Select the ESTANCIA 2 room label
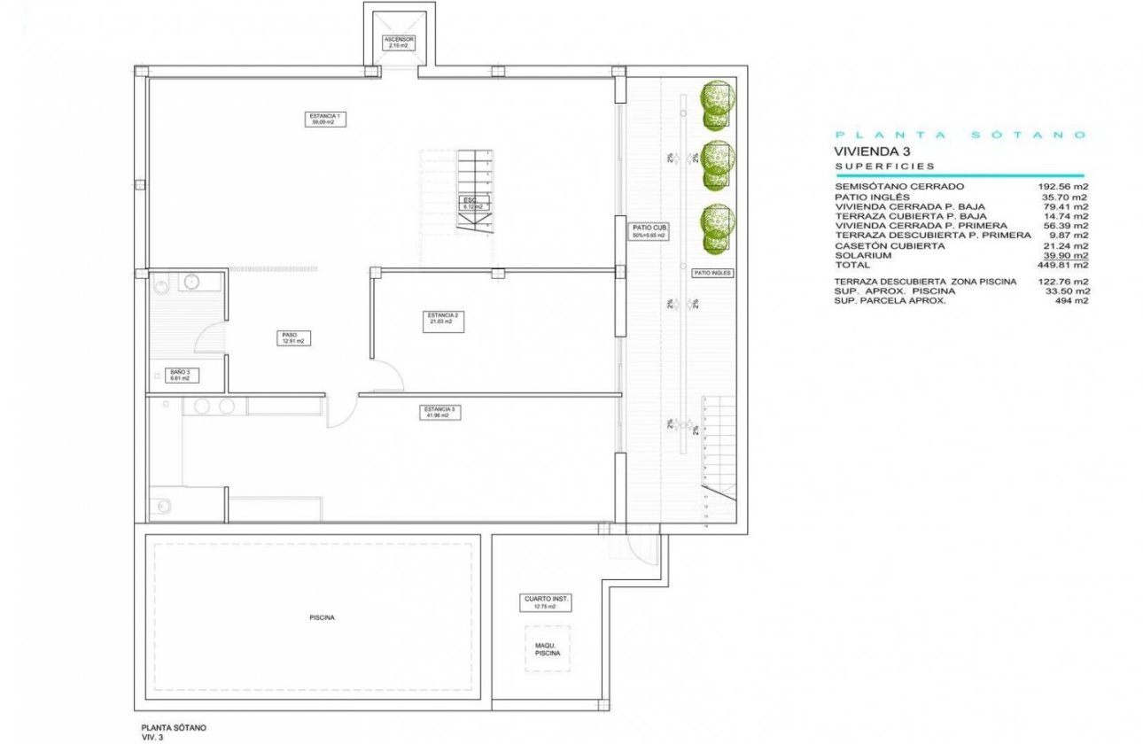pos(442,318)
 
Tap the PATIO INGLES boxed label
pos(712,274)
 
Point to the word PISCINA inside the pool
pos(323,618)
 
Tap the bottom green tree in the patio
pos(717,228)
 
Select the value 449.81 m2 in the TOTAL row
pos(1063,264)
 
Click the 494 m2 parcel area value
pos(1072,300)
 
